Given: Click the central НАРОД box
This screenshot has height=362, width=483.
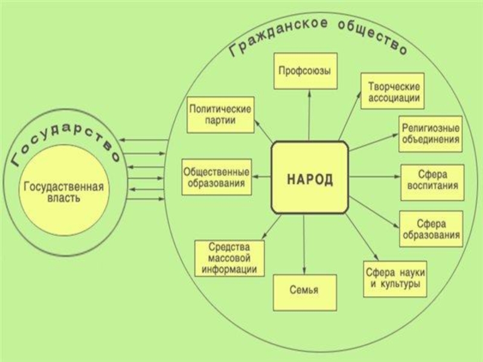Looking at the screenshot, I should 310,177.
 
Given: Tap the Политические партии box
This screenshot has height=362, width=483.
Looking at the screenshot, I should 220,115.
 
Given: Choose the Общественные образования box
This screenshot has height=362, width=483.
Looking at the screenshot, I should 217,177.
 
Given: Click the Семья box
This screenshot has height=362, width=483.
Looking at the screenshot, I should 304,292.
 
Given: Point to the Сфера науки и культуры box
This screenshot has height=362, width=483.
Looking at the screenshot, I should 395,278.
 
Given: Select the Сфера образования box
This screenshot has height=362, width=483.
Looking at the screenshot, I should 431,229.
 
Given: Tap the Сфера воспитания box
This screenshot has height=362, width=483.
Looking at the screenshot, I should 432,182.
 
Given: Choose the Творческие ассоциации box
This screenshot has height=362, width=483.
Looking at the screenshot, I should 392,92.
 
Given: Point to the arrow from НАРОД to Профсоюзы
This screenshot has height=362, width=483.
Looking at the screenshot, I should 309,115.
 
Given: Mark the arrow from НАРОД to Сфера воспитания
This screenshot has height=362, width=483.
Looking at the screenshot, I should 374,177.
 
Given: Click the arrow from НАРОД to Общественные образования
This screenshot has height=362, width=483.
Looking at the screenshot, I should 263,177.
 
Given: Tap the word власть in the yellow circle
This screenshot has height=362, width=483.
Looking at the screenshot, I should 63,198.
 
